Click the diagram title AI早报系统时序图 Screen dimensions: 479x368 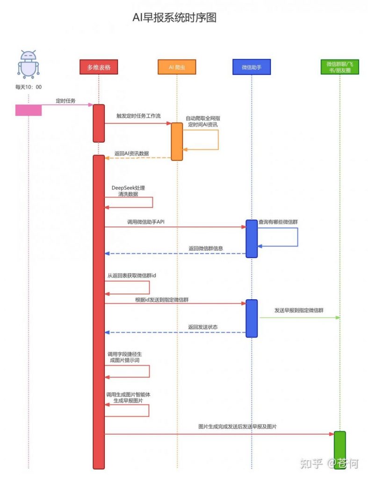click(174, 18)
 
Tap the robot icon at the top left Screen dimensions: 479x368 click(29, 64)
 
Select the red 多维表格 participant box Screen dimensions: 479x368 click(99, 67)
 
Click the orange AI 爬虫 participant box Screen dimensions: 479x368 click(177, 67)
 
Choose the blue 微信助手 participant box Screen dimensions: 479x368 click(251, 67)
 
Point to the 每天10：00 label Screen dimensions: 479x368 click(29, 87)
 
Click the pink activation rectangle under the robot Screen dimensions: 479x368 click(29, 110)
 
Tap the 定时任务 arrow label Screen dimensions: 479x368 click(65, 101)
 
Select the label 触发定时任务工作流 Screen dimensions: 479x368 click(138, 116)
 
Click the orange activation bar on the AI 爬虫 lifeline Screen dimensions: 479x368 click(177, 141)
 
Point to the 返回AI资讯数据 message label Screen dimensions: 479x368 click(131, 153)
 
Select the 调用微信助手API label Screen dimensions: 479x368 click(145, 221)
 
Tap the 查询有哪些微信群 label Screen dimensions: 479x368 click(279, 221)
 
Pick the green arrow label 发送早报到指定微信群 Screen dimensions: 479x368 click(299, 310)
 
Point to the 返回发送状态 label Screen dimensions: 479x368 click(202, 327)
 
